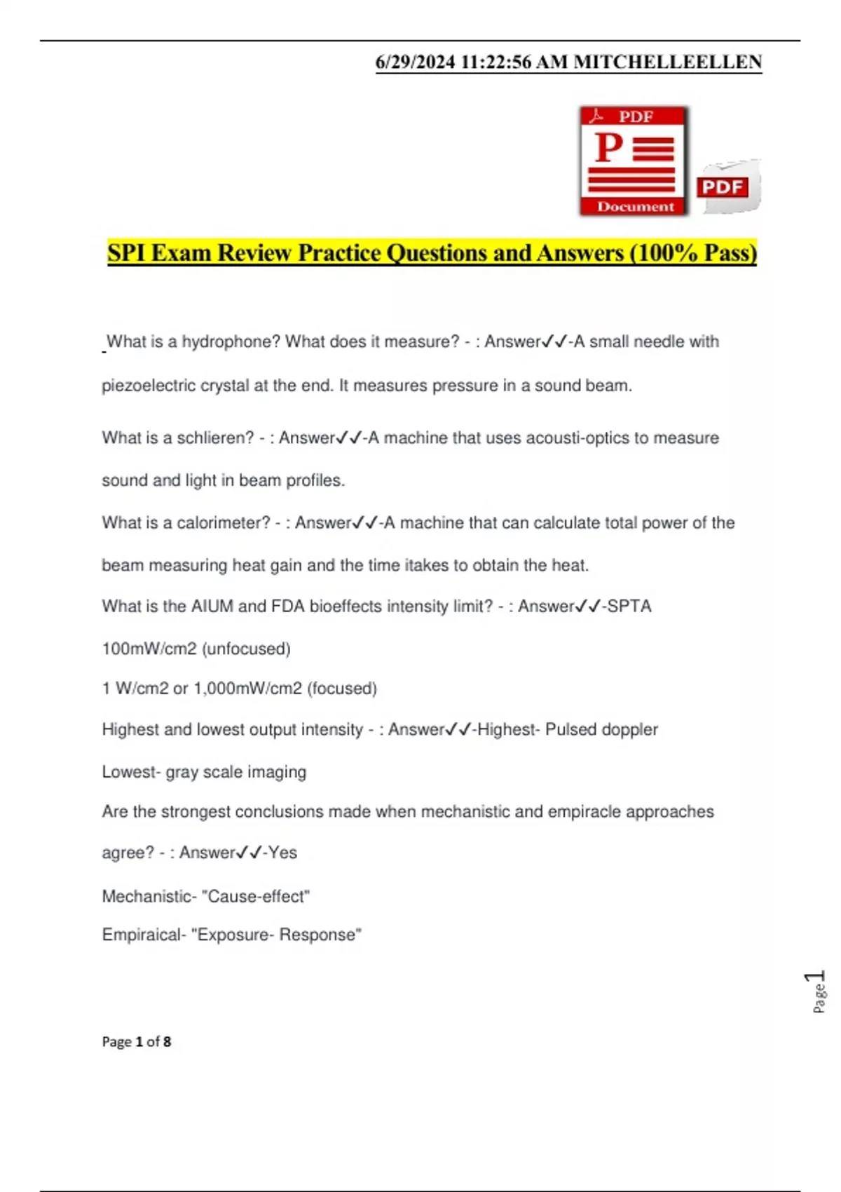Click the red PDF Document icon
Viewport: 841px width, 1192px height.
[634, 161]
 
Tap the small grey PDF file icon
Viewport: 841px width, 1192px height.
[728, 187]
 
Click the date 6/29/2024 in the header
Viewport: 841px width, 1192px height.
[415, 62]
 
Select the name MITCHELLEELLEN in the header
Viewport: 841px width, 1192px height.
[667, 62]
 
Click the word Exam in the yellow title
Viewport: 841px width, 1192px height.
[181, 252]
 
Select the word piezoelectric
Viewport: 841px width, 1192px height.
[149, 386]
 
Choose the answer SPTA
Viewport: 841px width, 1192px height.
[629, 606]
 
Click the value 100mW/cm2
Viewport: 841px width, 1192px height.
[149, 649]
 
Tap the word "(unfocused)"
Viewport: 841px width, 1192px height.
[246, 649]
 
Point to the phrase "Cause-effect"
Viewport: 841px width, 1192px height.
[259, 896]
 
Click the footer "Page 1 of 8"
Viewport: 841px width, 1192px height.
[137, 1041]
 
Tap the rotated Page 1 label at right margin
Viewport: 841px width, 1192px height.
[817, 991]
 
